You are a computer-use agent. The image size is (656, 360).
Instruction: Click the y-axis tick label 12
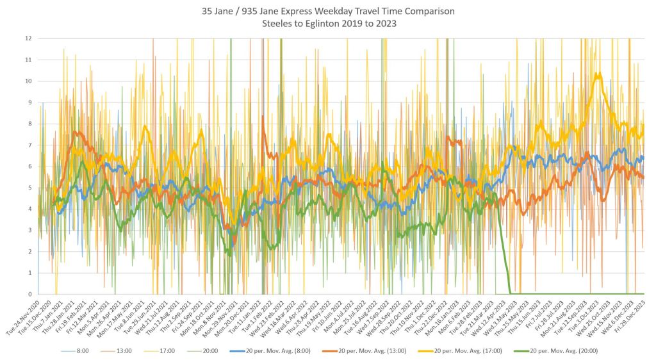pyautogui.click(x=28, y=38)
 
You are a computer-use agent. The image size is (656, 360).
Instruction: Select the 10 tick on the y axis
pyautogui.click(x=28, y=81)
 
